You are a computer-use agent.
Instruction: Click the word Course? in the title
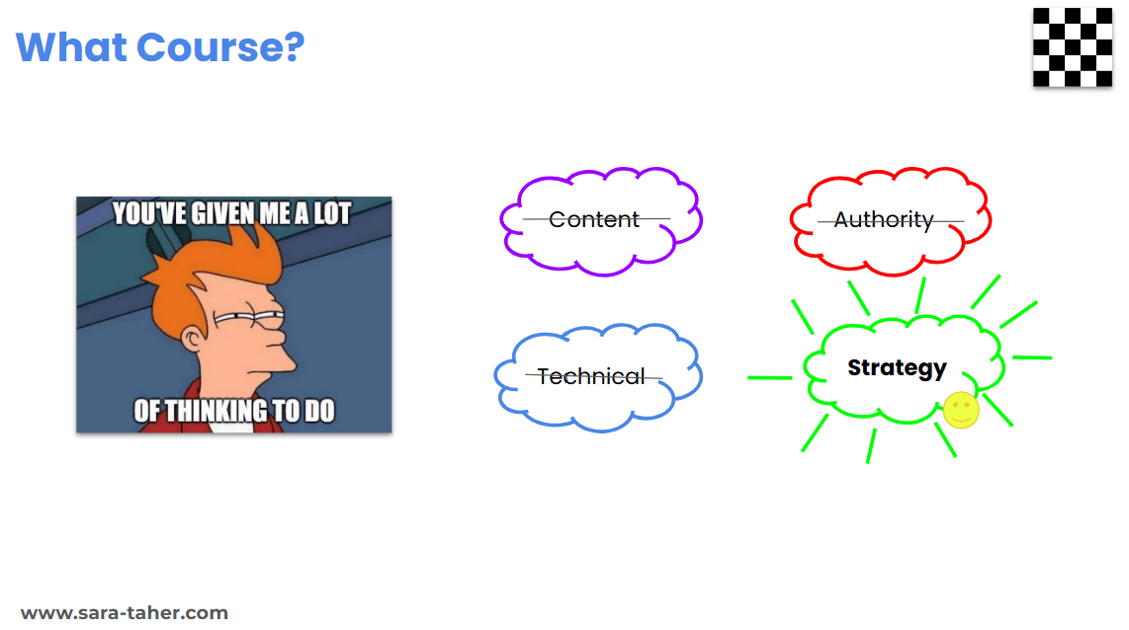coord(220,47)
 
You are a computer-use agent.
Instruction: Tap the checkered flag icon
coord(1072,47)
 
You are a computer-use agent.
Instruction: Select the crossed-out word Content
coord(594,219)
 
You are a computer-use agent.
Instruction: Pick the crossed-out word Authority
coord(884,220)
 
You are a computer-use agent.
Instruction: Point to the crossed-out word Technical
coord(590,376)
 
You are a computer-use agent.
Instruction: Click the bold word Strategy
coord(897,368)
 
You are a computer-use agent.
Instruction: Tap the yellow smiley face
coord(961,410)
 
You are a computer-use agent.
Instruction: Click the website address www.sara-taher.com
coord(125,613)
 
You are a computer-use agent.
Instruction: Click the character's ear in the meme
coord(192,338)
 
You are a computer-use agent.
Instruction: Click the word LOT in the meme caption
coord(332,214)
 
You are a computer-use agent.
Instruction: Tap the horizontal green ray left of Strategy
coord(770,377)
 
